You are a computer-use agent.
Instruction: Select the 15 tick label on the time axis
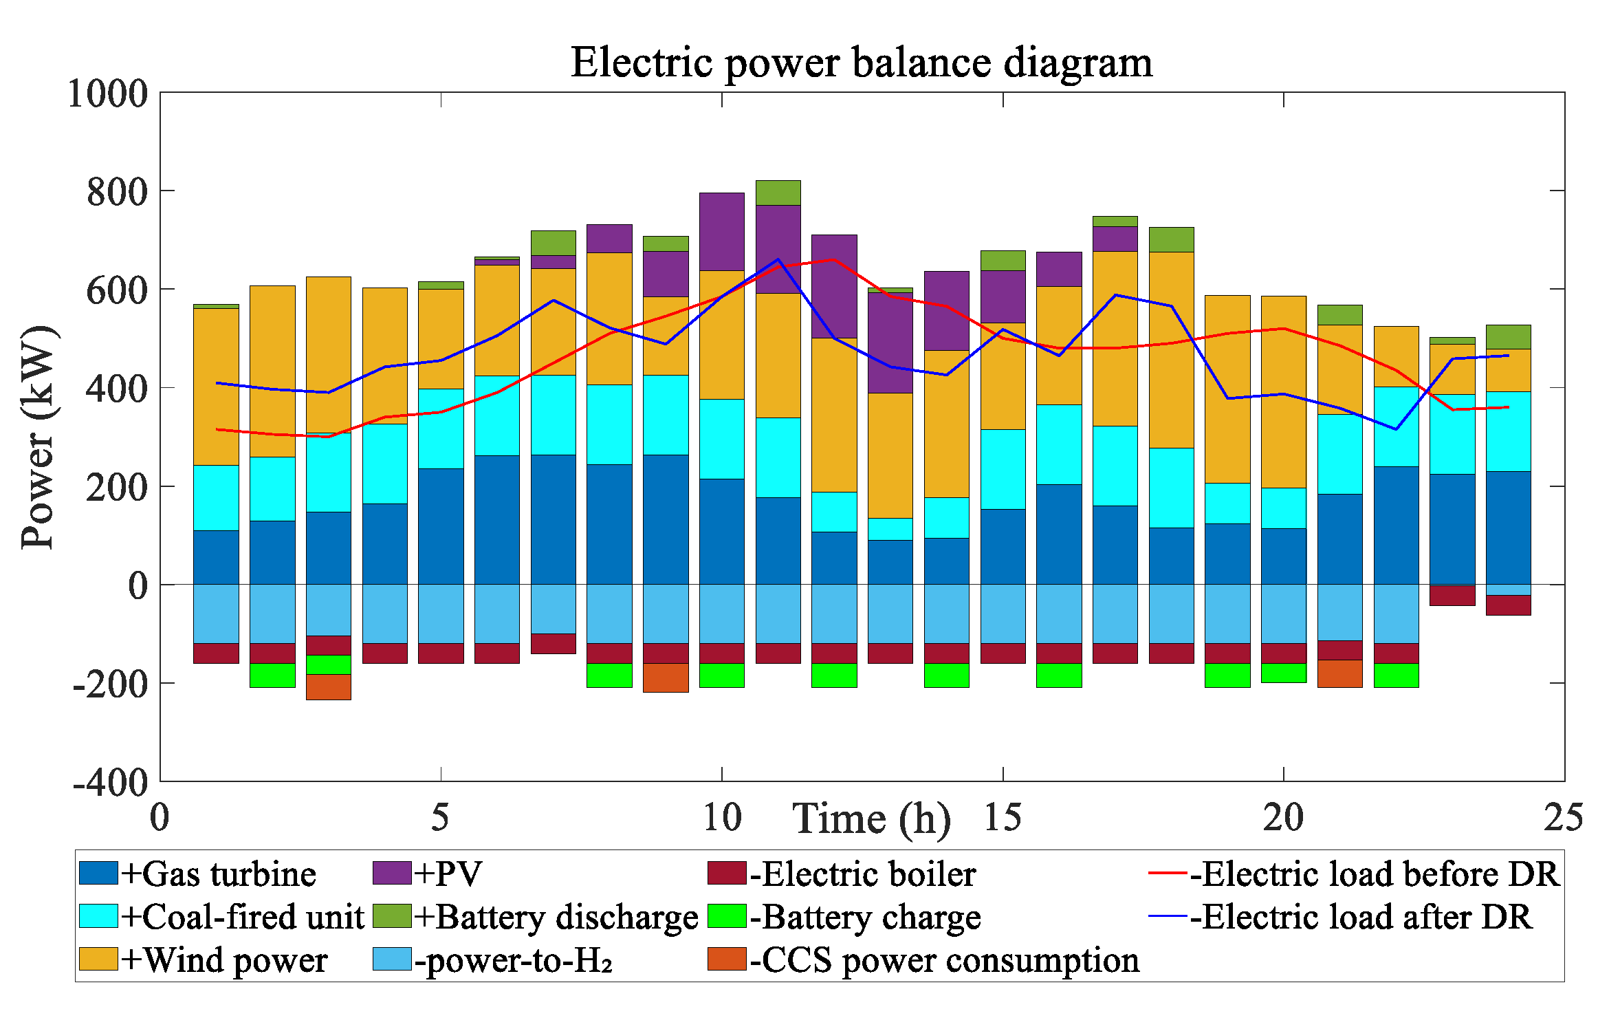pos(1003,817)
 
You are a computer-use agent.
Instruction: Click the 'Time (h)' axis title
pos(871,819)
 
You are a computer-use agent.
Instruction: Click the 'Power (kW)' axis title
pos(38,437)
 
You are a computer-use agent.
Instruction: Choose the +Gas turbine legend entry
pos(198,874)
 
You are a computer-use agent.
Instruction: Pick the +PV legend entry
pos(427,874)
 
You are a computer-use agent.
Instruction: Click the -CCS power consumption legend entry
pos(923,960)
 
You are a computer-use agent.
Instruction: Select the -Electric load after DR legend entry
pos(1341,917)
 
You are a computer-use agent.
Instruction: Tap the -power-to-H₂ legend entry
pos(492,960)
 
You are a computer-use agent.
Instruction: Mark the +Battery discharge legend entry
pos(536,917)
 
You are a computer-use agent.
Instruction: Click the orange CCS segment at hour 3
pos(329,687)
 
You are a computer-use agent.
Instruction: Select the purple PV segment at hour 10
pos(722,232)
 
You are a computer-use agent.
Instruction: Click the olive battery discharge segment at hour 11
pos(778,193)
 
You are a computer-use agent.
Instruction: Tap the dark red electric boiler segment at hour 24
pos(1508,605)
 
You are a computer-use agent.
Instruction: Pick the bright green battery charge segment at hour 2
pos(272,675)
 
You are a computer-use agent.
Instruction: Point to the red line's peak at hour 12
pos(834,259)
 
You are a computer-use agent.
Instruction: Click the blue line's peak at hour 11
pos(778,259)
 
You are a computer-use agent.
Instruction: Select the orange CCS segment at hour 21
pos(1339,673)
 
